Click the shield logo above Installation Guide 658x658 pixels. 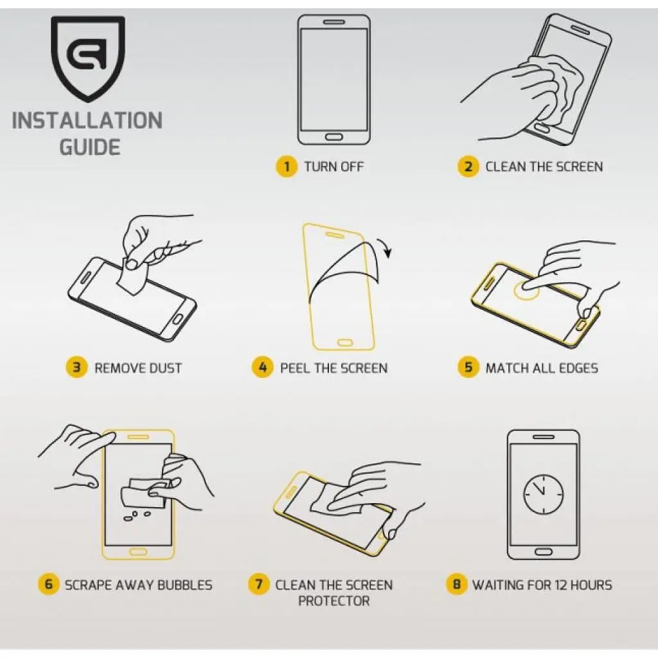[x=87, y=58]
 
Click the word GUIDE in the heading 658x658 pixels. [x=90, y=147]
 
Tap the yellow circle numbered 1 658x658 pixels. [x=287, y=166]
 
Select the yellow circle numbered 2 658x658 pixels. [x=468, y=166]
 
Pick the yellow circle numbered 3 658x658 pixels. [x=76, y=367]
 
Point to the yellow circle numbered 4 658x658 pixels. [x=262, y=367]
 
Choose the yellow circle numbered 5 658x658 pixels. [x=468, y=367]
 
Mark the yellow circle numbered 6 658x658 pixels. [x=48, y=583]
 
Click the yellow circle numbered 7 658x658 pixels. [x=259, y=583]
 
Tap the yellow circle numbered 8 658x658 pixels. [x=457, y=583]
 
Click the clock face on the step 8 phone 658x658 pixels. [x=544, y=494]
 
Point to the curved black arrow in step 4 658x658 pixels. [x=385, y=247]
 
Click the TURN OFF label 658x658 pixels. [x=334, y=166]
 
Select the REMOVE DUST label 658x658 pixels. [x=138, y=368]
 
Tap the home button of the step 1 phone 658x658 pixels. [x=333, y=137]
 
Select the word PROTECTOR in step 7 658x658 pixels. [x=334, y=601]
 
